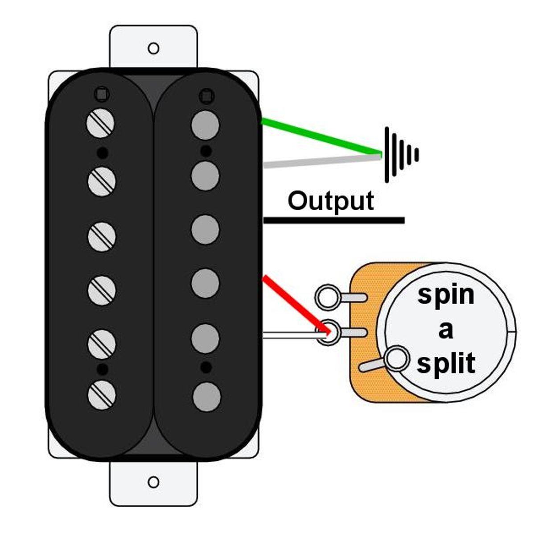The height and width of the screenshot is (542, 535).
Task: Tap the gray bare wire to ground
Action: [x=321, y=160]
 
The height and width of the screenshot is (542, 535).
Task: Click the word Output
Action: [x=330, y=201]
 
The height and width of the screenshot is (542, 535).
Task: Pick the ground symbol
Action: [x=400, y=155]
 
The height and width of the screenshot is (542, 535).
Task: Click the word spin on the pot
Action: [x=445, y=295]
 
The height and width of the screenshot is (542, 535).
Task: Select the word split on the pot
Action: [x=445, y=363]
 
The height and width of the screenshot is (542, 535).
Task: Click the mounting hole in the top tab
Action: [x=153, y=48]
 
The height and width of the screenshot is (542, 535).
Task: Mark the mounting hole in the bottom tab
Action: [x=153, y=482]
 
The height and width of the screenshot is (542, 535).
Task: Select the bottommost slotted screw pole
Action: [x=102, y=395]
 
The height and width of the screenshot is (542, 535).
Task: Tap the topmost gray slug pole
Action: [x=206, y=124]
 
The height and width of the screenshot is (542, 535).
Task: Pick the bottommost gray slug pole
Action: [x=207, y=397]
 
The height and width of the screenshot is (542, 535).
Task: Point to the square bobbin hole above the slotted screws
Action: [x=102, y=95]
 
